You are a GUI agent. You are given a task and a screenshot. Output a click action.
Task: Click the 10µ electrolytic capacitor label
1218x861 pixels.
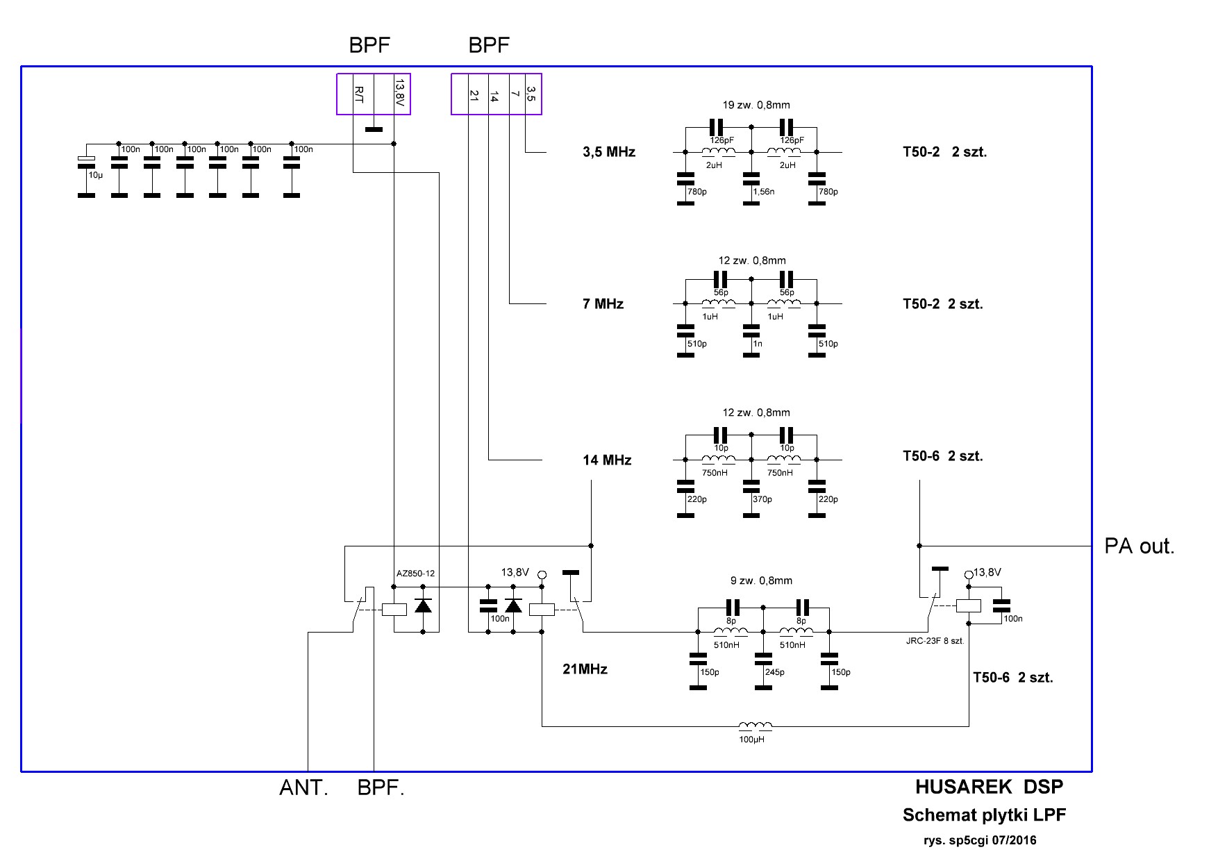coord(95,176)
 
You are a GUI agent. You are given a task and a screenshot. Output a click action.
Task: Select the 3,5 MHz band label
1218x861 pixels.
coord(609,152)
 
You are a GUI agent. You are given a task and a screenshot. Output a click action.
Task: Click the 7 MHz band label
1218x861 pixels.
coord(603,303)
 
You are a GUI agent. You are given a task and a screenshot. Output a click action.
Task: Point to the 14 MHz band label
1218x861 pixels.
coord(607,460)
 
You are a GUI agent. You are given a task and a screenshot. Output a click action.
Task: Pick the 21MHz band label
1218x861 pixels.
coord(585,669)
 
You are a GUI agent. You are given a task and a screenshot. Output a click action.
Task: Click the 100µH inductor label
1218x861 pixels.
coord(751,739)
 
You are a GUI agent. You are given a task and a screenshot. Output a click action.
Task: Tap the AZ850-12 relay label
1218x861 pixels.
coord(415,574)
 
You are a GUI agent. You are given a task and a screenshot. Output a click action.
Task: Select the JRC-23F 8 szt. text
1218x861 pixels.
coord(931,641)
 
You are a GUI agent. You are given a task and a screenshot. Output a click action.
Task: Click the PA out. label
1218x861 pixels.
coord(1140,546)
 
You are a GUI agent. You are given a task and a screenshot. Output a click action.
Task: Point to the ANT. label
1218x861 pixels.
coord(303,788)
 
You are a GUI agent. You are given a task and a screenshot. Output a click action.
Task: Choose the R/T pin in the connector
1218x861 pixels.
coord(359,94)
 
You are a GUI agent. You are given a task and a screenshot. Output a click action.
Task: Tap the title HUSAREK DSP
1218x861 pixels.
coord(989,787)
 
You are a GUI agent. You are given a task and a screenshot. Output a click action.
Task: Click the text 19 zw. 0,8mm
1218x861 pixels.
coord(756,106)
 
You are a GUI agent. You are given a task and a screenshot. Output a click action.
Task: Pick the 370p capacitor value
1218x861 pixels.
coord(762,499)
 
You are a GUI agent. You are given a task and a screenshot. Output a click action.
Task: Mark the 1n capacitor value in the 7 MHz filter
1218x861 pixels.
coord(757,344)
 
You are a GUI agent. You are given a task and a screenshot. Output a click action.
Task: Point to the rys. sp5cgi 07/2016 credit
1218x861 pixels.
coord(979,840)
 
